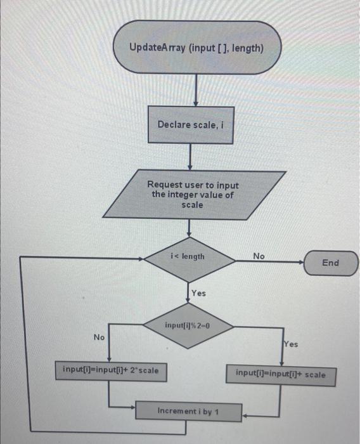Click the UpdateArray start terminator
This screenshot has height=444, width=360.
coord(196,48)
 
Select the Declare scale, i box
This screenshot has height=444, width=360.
coord(190,125)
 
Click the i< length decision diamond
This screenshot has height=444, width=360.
coord(188,257)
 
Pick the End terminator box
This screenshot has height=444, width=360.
coord(331,263)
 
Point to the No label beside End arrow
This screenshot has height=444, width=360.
coord(259,256)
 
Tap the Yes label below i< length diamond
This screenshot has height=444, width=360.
coord(198,293)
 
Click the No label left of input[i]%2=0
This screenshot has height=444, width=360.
coord(99,337)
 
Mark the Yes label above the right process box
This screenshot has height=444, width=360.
coord(290,344)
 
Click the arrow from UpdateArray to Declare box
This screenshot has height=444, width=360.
coord(196,89)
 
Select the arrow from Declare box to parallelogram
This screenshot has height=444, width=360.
coord(190,156)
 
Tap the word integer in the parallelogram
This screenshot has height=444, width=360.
coord(188,195)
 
